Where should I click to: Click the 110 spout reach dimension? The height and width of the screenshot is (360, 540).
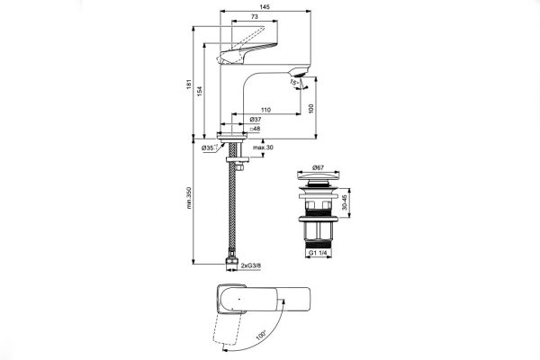point(266,109)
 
